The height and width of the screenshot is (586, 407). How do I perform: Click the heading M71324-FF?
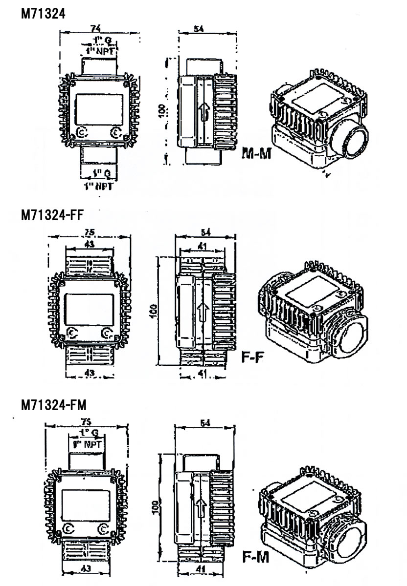[53, 215]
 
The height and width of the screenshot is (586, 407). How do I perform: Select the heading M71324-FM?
[53, 405]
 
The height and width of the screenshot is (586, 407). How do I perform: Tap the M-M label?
[257, 154]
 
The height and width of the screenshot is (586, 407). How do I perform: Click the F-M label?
[256, 556]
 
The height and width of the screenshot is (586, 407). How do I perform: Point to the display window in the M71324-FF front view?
[89, 307]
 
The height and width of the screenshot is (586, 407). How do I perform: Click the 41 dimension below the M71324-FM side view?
[201, 569]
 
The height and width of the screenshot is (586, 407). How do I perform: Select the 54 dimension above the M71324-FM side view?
[205, 423]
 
